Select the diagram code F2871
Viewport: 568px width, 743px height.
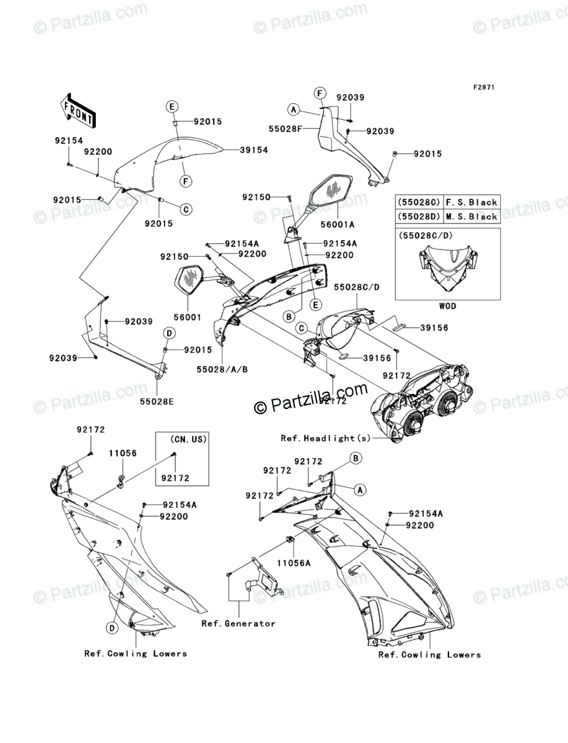click(483, 86)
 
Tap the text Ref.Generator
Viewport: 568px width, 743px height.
click(238, 623)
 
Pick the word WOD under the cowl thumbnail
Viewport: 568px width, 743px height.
click(447, 306)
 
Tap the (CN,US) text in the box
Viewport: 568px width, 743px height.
click(188, 439)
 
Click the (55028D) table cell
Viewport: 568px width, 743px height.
click(419, 217)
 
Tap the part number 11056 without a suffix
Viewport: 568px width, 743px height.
click(122, 453)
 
